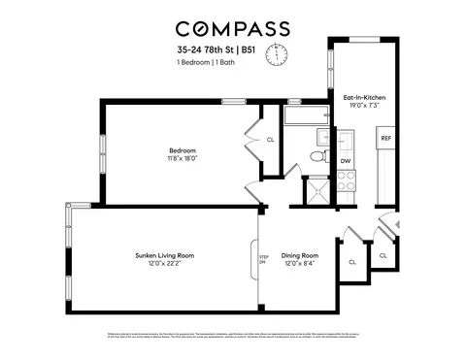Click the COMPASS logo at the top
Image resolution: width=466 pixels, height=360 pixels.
point(232,28)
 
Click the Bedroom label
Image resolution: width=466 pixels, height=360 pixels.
point(183,150)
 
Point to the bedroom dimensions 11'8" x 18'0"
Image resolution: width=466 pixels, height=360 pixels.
point(183,159)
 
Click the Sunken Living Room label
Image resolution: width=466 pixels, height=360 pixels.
point(165,255)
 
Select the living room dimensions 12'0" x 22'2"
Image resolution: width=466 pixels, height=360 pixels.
point(165,264)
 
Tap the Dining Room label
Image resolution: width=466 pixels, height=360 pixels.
point(300,255)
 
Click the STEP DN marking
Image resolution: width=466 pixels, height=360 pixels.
point(263,260)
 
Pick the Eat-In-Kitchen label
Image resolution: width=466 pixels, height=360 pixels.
point(361,97)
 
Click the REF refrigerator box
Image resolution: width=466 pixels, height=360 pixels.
point(385,139)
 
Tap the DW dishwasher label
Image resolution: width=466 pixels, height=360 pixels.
point(346,161)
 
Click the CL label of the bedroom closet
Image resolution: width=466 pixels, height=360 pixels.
point(270,141)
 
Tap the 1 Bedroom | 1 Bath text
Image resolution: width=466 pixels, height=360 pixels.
point(206,62)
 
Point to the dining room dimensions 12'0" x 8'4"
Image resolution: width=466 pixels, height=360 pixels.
point(300,264)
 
